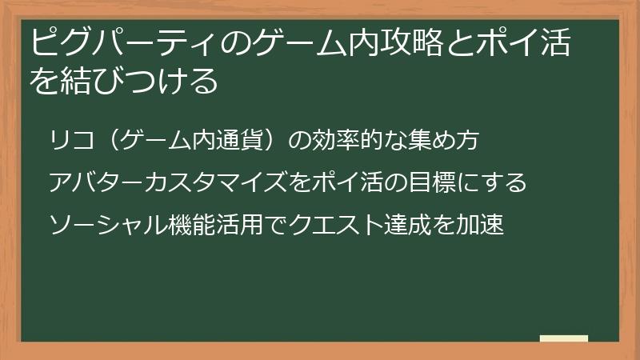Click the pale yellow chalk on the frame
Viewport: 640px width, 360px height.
coord(563,339)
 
